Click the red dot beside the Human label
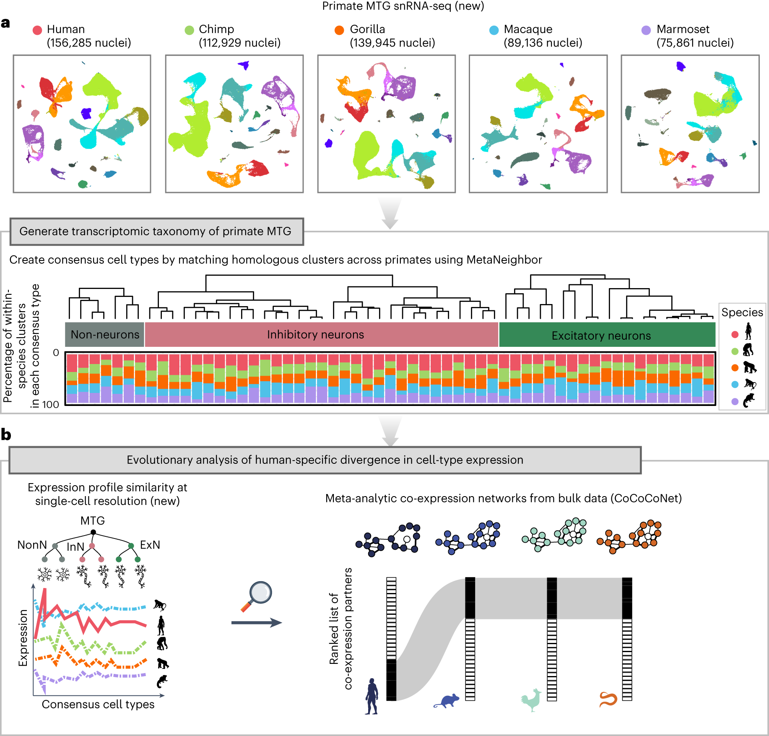point(37,30)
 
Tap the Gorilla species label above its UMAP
point(367,29)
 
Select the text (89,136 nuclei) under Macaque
point(543,43)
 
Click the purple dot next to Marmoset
point(646,30)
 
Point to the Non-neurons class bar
point(105,334)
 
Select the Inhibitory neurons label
point(315,335)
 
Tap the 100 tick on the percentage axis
point(50,405)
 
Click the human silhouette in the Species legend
point(748,331)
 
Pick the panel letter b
point(6,435)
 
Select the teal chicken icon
point(532,700)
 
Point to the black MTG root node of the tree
point(93,532)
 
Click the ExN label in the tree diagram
point(150,545)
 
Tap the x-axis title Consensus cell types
point(98,705)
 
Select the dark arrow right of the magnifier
point(256,623)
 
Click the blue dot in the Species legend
point(735,384)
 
